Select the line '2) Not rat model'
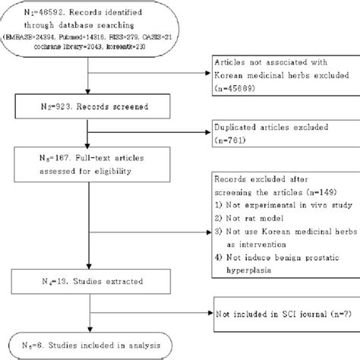pyautogui.click(x=248, y=221)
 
